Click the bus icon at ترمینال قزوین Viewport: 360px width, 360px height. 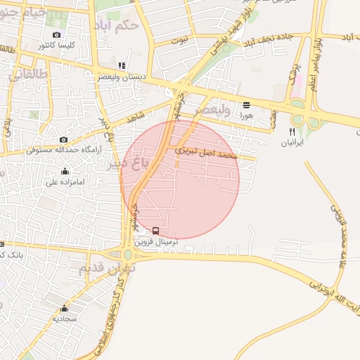tap(155, 231)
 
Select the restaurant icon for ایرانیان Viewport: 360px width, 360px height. tap(292, 131)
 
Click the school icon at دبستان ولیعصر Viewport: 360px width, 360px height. tap(122, 66)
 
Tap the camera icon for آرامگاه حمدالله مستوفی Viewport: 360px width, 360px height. tap(64, 140)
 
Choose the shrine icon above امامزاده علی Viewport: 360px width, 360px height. tap(65, 171)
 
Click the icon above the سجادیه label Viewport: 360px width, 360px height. tap(64, 308)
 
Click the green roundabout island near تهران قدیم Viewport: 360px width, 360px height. tap(128, 255)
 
